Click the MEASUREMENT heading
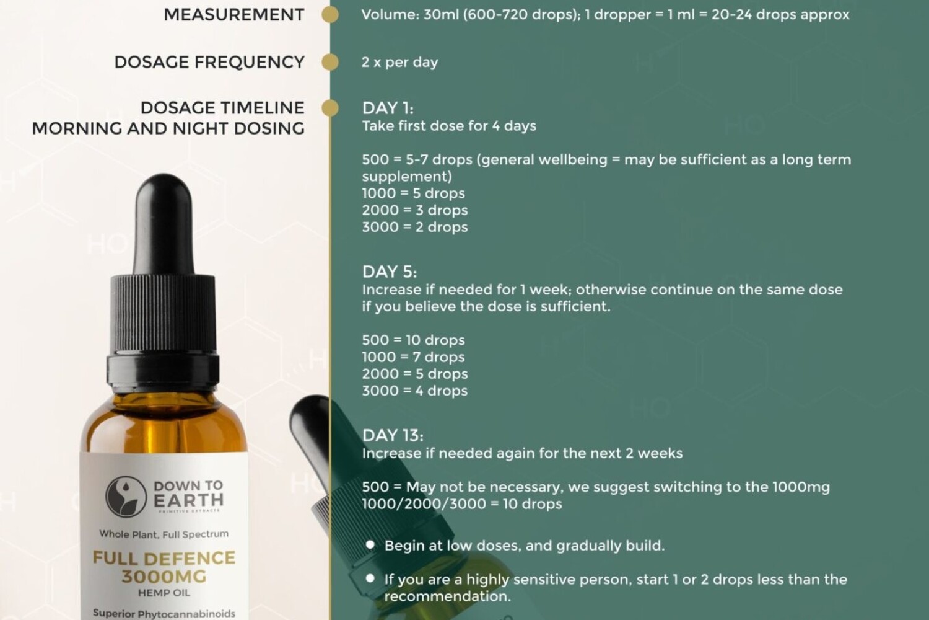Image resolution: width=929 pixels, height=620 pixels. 234,15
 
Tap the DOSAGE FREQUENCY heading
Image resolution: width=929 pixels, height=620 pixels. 209,62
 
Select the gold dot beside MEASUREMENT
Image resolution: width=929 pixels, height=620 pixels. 329,14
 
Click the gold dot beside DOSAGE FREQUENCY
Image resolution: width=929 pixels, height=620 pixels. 329,62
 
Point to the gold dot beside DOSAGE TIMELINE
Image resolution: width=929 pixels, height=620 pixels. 329,108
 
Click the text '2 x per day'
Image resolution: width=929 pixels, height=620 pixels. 400,62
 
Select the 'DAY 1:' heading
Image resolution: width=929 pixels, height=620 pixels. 388,108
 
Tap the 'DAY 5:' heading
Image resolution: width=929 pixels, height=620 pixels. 390,272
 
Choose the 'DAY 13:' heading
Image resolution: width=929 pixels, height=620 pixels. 393,436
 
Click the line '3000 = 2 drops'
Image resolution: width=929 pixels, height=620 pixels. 415,227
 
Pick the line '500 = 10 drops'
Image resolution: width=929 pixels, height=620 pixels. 414,340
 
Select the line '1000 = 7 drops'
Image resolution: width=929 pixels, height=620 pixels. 414,357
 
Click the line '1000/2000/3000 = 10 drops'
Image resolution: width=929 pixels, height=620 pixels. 462,504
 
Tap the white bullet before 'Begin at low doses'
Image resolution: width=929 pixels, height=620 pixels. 370,545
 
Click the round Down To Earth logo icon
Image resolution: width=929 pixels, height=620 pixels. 126,496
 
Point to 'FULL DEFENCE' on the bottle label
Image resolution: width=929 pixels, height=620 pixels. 164,558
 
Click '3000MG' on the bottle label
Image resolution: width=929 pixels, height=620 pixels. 164,577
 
